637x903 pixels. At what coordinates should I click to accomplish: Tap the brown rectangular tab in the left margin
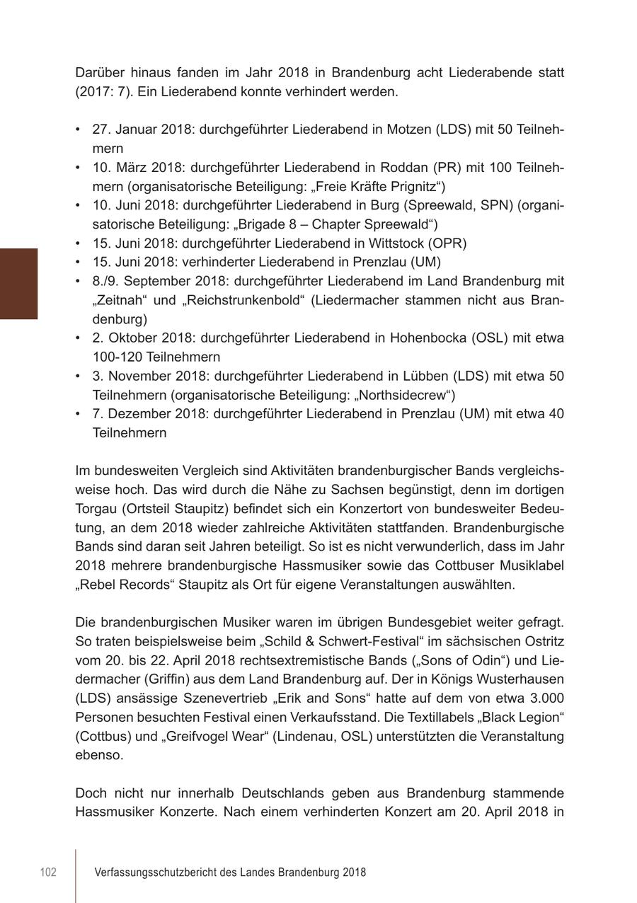point(18,284)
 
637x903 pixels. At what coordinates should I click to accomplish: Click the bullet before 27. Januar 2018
point(78,130)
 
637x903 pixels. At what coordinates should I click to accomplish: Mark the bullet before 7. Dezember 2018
point(78,414)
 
